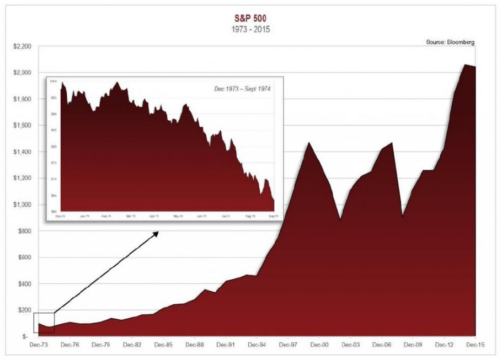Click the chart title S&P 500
(x=251, y=17)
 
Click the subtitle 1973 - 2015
(x=251, y=29)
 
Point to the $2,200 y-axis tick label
(x=23, y=46)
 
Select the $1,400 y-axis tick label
(x=23, y=152)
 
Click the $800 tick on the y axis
(x=26, y=231)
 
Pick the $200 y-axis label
(x=26, y=310)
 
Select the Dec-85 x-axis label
(x=164, y=345)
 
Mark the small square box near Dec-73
(x=44, y=323)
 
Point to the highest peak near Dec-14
(x=466, y=65)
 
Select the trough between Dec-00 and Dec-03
(x=340, y=219)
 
